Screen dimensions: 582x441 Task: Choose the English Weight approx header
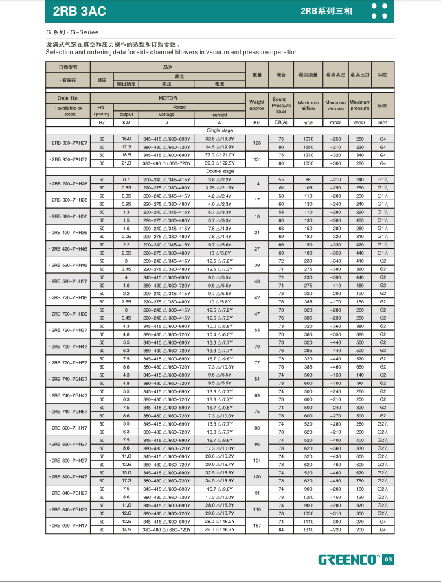tap(257, 105)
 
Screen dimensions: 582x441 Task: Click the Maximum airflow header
tap(308, 105)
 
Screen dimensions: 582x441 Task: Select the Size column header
tap(383, 106)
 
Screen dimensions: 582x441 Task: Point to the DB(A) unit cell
tap(281, 122)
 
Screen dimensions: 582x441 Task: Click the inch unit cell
tap(383, 122)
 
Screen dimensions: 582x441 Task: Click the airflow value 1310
tap(308, 529)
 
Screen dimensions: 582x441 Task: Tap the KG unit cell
tap(257, 122)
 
